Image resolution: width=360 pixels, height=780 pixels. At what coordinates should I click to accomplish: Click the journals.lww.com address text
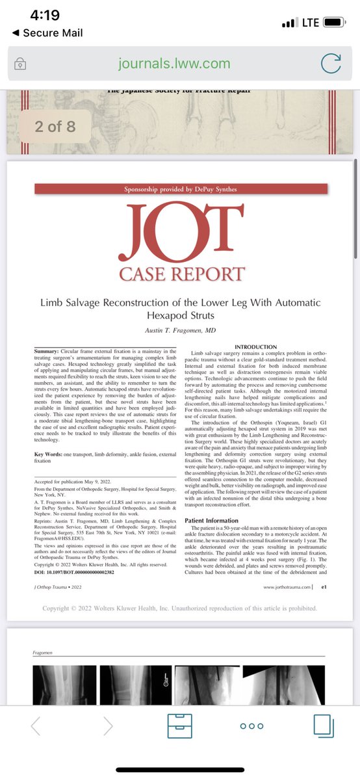click(x=174, y=63)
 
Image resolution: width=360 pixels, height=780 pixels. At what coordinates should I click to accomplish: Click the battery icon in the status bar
click(x=334, y=22)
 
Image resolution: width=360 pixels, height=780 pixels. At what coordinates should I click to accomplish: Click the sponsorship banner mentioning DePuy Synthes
click(x=181, y=189)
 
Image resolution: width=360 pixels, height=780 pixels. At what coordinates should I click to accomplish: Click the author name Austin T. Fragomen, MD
click(x=181, y=331)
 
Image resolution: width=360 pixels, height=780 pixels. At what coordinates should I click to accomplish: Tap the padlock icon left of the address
click(x=21, y=64)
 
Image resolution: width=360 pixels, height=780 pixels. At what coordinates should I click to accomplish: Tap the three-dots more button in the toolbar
click(x=251, y=725)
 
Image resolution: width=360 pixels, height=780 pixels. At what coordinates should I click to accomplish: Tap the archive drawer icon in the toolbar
click(x=180, y=725)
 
